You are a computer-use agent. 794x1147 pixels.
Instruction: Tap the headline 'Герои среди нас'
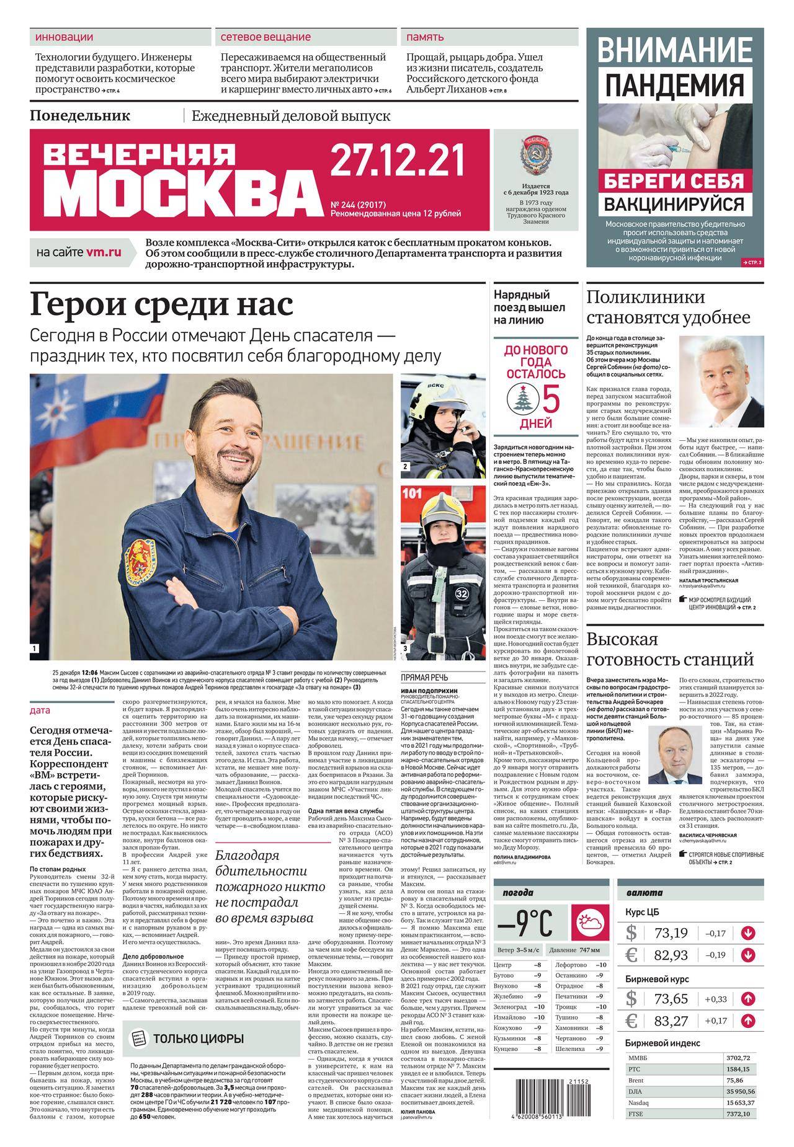click(x=161, y=305)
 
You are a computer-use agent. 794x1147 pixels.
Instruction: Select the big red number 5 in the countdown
click(x=551, y=398)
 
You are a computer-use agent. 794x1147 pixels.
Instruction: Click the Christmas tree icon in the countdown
click(x=519, y=397)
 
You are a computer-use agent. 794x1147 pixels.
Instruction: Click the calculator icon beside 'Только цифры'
click(x=140, y=1038)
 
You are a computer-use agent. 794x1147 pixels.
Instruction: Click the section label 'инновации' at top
click(x=65, y=37)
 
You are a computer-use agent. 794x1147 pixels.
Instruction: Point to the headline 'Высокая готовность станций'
click(x=670, y=649)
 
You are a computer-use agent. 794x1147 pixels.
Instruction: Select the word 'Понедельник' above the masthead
click(x=80, y=115)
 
